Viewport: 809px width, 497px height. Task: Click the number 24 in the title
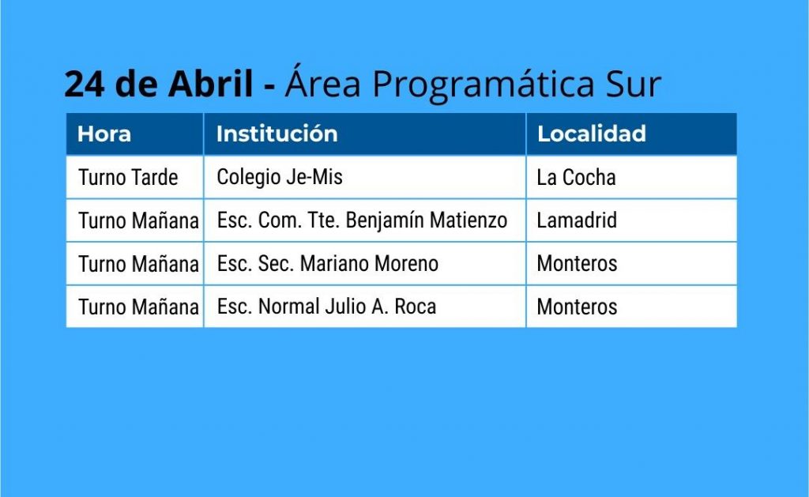[x=85, y=84]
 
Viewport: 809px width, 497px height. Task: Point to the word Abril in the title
[x=210, y=83]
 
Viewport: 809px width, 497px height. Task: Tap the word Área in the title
[x=323, y=81]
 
